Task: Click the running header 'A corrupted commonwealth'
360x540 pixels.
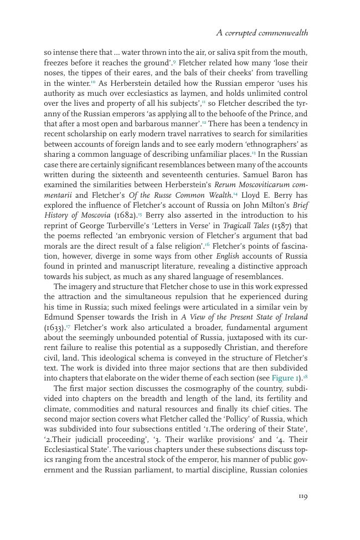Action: tap(261, 33)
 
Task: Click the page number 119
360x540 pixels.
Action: tap(302, 496)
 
